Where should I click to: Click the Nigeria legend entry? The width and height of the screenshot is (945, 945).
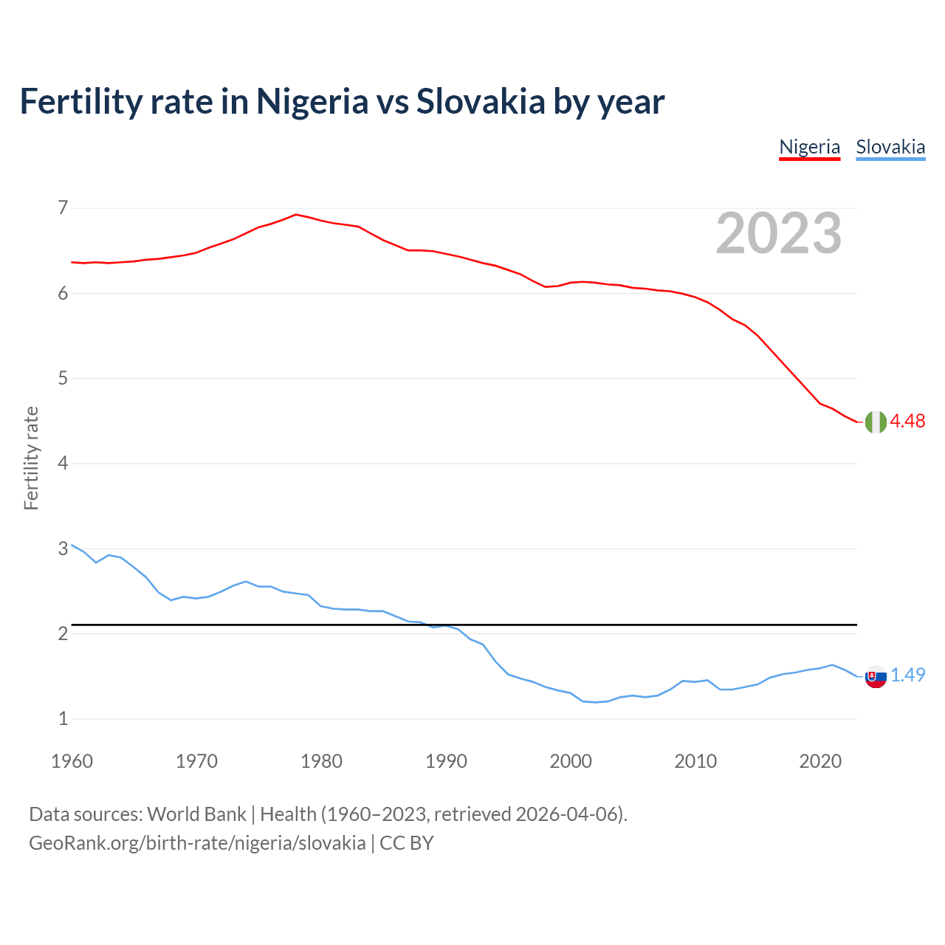[x=809, y=147]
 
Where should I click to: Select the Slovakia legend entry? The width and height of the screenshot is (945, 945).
[x=890, y=147]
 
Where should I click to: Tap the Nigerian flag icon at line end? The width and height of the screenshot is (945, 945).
[x=876, y=422]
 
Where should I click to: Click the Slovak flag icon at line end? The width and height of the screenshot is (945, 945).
[x=876, y=676]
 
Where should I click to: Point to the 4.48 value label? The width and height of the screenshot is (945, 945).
[x=907, y=421]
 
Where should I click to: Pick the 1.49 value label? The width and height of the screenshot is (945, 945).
[x=907, y=675]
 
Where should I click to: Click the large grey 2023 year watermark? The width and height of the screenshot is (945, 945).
[x=779, y=233]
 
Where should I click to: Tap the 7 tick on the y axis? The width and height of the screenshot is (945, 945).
[x=63, y=208]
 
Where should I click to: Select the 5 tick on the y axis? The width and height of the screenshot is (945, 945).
[x=63, y=379]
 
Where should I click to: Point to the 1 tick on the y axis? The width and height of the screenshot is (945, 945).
[x=63, y=718]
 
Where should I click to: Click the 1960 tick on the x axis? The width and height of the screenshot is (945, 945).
[x=72, y=761]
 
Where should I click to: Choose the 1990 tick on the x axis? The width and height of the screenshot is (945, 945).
[x=446, y=761]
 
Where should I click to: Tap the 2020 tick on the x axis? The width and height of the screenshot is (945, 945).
[x=820, y=761]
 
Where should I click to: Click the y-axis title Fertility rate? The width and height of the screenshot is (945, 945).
[x=31, y=458]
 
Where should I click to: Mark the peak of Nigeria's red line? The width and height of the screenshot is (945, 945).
[x=296, y=215]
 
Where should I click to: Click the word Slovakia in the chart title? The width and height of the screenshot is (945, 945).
[x=481, y=102]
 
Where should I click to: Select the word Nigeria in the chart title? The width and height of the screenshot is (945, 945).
[x=312, y=102]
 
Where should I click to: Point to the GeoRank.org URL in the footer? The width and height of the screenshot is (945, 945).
[x=197, y=843]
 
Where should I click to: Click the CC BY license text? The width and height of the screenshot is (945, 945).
[x=406, y=843]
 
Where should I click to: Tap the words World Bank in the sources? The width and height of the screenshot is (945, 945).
[x=196, y=814]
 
